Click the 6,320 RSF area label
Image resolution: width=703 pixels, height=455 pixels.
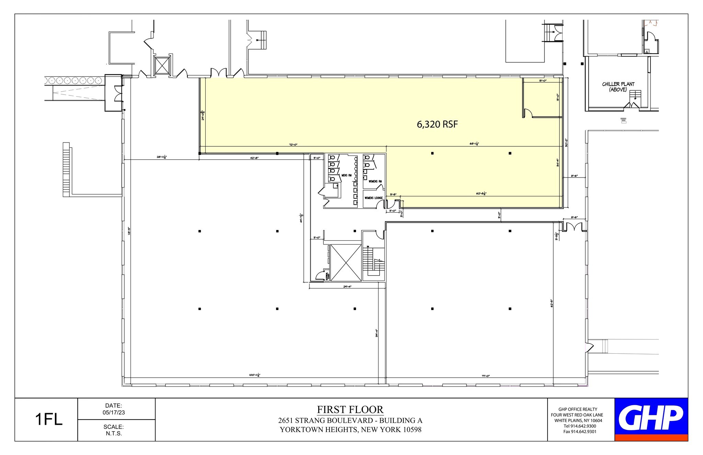tap(437, 124)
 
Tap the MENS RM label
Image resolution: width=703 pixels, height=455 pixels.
tap(346, 175)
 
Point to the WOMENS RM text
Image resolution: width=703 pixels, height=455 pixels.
tap(375, 181)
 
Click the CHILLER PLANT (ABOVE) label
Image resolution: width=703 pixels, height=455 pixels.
tap(618, 87)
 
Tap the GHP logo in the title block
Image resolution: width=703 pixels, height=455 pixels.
tap(651, 417)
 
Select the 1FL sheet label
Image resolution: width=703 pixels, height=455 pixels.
tap(49, 420)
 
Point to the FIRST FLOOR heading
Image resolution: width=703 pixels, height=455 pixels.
tap(350, 409)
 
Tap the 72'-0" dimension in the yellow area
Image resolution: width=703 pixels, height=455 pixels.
tap(293, 145)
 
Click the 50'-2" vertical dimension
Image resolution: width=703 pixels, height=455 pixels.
tap(566, 142)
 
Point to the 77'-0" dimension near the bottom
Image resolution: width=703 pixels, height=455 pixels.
tap(485, 376)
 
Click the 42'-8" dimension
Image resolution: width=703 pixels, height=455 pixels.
tap(254, 158)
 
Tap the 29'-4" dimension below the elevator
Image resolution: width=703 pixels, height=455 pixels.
tap(347, 286)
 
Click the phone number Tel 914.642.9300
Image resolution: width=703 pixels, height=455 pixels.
tap(580, 426)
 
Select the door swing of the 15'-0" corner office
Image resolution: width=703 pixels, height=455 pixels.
tap(528, 113)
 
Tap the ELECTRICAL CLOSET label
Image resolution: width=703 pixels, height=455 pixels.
tap(328, 276)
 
